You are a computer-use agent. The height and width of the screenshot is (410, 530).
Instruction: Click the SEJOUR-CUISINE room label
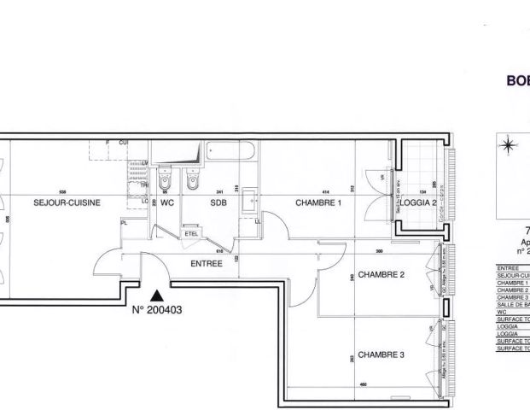click(x=67, y=203)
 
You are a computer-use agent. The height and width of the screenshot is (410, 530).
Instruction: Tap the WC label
click(x=167, y=203)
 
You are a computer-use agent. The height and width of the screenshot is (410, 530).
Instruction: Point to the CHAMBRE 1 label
click(x=318, y=203)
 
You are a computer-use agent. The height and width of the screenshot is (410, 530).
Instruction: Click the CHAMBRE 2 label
click(x=381, y=275)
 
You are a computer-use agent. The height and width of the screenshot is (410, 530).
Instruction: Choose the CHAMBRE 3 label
click(x=381, y=354)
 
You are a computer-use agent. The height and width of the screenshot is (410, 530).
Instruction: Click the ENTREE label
click(x=207, y=264)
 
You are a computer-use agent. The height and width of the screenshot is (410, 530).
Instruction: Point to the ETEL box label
click(x=190, y=231)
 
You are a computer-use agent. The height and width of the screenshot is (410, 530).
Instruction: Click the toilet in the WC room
click(x=167, y=181)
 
